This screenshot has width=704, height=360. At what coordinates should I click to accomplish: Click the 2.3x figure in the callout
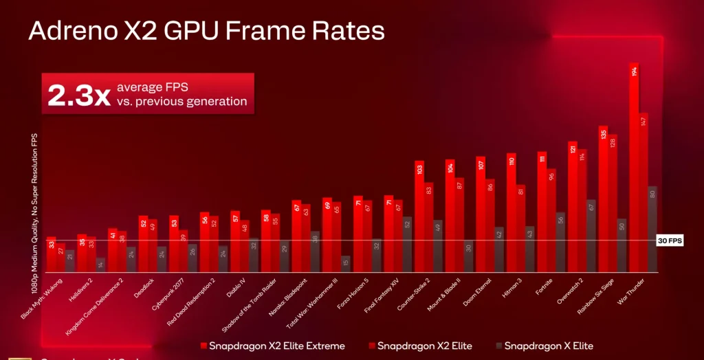click(78, 95)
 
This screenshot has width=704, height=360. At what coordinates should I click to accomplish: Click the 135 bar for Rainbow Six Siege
click(603, 199)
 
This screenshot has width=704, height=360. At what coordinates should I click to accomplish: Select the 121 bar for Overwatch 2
click(572, 206)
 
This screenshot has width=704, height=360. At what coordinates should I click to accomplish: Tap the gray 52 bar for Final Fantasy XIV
click(407, 244)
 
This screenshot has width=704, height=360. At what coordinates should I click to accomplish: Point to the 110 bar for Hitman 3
click(511, 212)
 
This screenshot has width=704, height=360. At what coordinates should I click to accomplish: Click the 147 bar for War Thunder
click(643, 192)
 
